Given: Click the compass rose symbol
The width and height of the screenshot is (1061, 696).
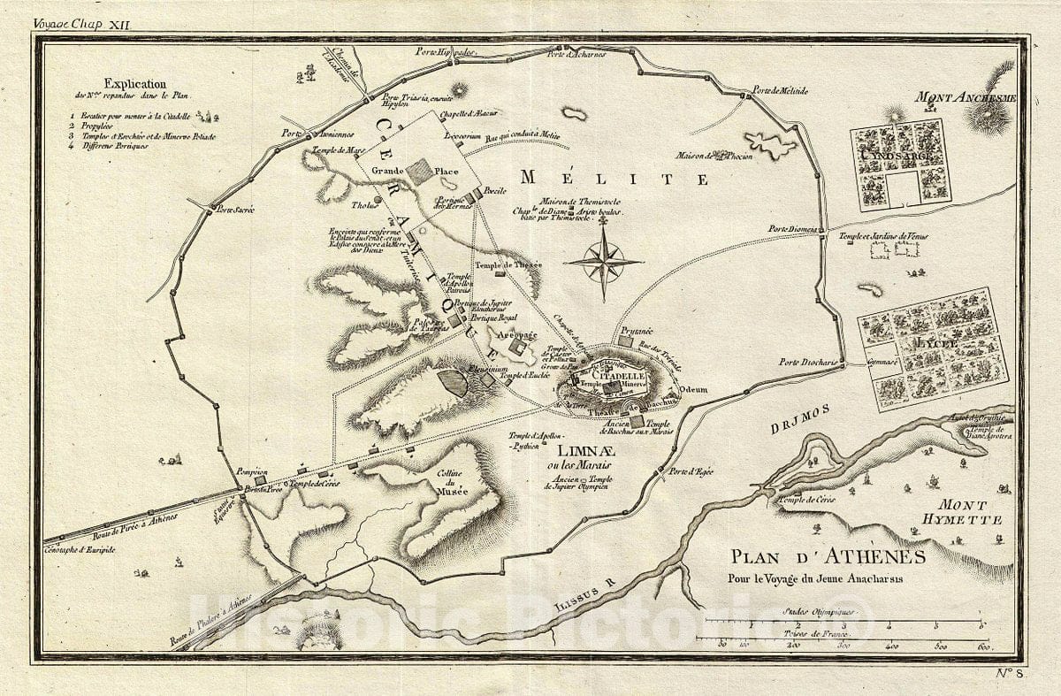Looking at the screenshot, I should click(604, 262).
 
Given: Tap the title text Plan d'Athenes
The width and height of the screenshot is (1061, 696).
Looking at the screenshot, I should click(827, 556).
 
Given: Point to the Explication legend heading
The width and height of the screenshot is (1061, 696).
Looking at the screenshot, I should click(134, 83).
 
